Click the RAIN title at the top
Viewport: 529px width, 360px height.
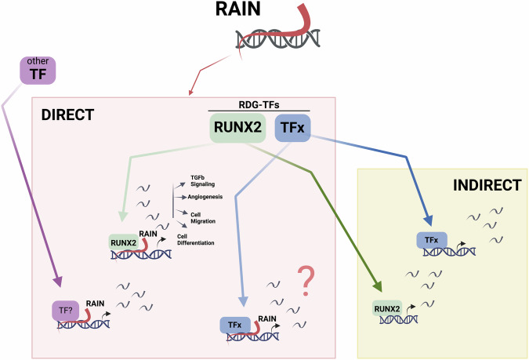pyautogui.click(x=266, y=12)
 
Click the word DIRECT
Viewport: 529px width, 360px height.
pyautogui.click(x=67, y=115)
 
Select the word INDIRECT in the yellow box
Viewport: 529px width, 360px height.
pyautogui.click(x=486, y=186)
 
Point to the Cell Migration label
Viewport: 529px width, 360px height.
pyautogui.click(x=201, y=217)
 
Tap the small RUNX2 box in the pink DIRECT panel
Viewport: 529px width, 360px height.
pyautogui.click(x=125, y=244)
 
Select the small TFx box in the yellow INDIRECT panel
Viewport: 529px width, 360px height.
pyautogui.click(x=431, y=240)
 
